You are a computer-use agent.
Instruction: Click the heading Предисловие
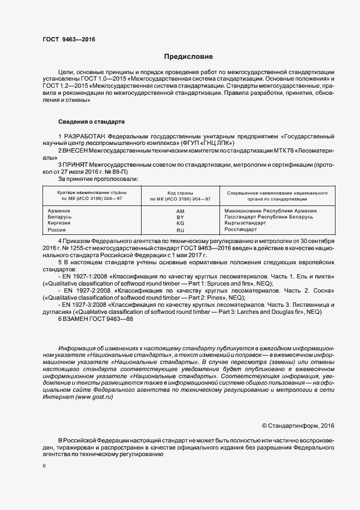pyautogui.click(x=188, y=57)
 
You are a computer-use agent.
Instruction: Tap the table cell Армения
pyautogui.click(x=59, y=210)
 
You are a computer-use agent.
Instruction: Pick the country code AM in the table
pyautogui.click(x=181, y=210)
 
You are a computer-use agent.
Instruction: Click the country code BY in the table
pyautogui.click(x=181, y=217)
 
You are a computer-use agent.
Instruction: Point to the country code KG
pyautogui.click(x=181, y=223)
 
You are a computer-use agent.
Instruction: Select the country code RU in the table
pyautogui.click(x=181, y=230)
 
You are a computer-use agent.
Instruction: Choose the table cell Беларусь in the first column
pyautogui.click(x=60, y=217)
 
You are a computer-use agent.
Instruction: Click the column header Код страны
pyautogui.click(x=181, y=193)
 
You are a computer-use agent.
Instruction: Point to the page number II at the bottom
pyautogui.click(x=44, y=466)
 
